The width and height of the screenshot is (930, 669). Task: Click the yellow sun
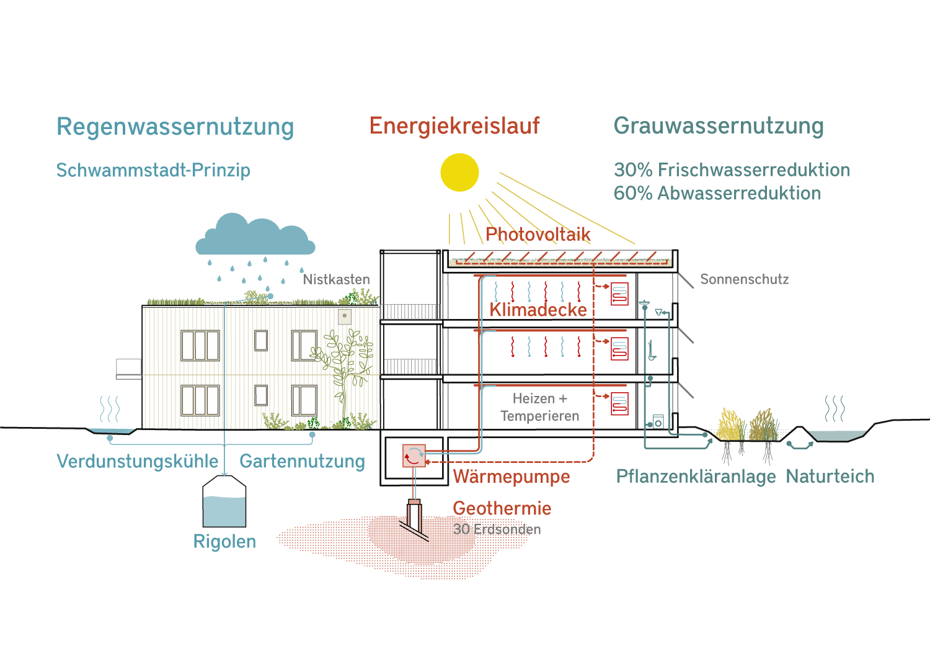[x=459, y=173]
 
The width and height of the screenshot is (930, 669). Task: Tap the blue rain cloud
[x=255, y=237]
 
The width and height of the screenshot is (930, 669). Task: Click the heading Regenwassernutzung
[x=175, y=127]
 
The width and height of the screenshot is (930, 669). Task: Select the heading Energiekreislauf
[x=454, y=126]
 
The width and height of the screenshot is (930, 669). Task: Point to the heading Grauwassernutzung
[x=719, y=126]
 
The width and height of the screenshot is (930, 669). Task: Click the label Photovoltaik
[x=538, y=235]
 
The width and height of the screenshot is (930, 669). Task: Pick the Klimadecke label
[x=538, y=310]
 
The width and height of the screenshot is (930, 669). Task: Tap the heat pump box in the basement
[x=414, y=456]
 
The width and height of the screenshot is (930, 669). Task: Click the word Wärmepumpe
[x=511, y=477]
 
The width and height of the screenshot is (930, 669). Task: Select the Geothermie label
[x=502, y=508]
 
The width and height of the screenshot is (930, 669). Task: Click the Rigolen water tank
[x=224, y=504]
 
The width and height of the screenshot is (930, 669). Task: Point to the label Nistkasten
[x=336, y=280]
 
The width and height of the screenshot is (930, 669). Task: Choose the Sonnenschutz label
[x=744, y=280]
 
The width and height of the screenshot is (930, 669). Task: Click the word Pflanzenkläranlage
[x=696, y=477]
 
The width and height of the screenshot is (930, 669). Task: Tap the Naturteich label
[x=830, y=477]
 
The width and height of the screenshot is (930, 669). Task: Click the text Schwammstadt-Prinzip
[x=153, y=170]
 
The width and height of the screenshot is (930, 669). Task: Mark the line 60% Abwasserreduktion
[x=717, y=194]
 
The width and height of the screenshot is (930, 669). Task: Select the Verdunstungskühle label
[x=137, y=461]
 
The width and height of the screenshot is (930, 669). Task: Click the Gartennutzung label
[x=302, y=461]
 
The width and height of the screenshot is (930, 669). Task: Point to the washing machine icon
[x=658, y=422]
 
